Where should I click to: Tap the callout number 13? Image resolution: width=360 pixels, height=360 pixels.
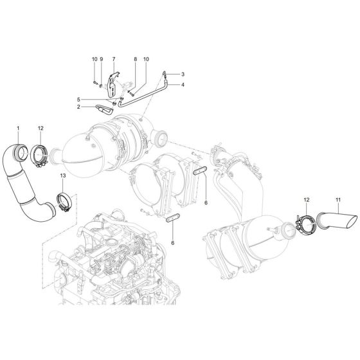62,175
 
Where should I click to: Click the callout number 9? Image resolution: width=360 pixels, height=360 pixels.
101,60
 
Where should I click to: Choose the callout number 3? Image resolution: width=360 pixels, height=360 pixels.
183,74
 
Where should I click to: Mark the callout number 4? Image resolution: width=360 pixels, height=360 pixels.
183,84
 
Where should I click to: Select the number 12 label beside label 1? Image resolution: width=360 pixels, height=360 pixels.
40,129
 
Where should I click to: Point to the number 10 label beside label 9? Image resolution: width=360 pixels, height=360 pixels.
94,60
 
